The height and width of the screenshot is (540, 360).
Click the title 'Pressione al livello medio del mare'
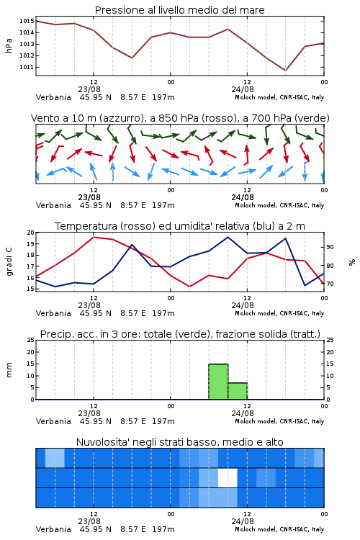point(179,10)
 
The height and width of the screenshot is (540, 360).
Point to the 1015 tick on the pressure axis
point(27,21)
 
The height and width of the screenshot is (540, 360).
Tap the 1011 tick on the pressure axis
point(27,67)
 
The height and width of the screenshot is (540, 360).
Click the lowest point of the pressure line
point(285,71)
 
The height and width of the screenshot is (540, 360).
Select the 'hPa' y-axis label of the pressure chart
point(9,45)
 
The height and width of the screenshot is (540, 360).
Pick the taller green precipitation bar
point(218,382)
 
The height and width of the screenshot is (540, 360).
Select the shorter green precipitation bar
point(238,391)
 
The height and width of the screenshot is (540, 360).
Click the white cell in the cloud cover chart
point(228,477)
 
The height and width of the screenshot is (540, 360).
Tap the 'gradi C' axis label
point(9,261)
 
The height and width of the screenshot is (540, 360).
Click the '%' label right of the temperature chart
point(352,262)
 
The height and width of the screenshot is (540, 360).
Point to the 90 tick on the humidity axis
point(330,247)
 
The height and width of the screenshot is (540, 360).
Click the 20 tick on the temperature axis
point(31,233)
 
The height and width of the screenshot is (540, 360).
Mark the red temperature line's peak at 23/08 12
point(94,237)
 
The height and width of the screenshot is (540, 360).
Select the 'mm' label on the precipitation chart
point(9,370)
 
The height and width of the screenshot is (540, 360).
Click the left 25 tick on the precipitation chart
point(31,341)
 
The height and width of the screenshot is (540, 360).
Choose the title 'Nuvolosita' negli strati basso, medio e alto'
point(179,442)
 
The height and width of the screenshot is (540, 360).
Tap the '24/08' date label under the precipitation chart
point(243,413)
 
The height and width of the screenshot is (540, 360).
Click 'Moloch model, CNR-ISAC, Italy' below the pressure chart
point(279,97)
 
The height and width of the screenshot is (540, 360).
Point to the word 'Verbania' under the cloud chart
point(53,529)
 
